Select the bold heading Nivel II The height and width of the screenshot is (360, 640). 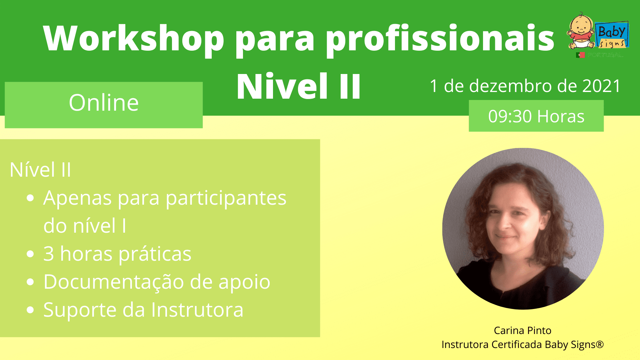point(299,87)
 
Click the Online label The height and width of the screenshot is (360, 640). point(104,103)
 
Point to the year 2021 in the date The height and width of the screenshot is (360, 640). point(602,86)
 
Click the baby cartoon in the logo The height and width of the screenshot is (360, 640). point(581,31)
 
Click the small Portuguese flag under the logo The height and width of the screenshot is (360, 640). point(580,55)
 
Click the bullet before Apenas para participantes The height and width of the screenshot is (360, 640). point(30,199)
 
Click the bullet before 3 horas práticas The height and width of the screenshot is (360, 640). point(30,254)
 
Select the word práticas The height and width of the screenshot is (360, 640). point(155,254)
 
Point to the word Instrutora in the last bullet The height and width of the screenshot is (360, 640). point(197,310)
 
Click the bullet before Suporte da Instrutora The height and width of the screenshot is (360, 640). point(30,310)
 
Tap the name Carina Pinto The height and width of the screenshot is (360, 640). point(522,331)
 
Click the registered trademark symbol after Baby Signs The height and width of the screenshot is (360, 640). point(600,344)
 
